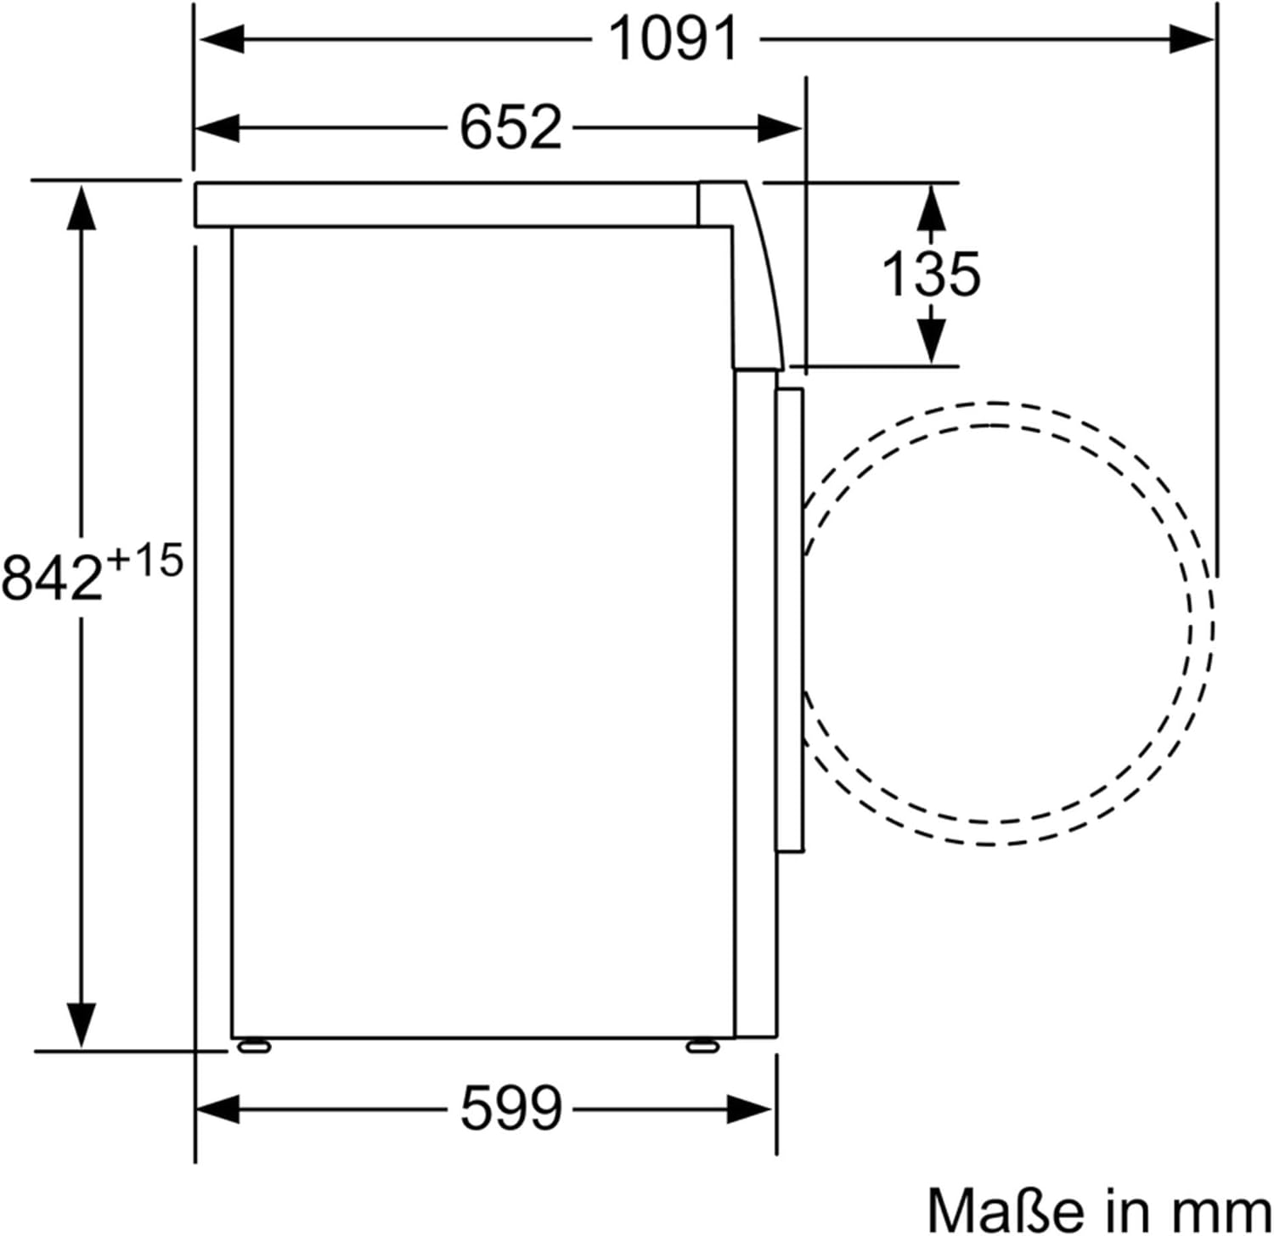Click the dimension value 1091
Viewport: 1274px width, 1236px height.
[674, 39]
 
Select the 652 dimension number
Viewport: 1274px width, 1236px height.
[510, 127]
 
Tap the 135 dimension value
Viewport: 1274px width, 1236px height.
[931, 274]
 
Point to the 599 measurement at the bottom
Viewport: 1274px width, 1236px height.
[510, 1108]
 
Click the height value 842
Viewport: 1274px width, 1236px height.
[53, 577]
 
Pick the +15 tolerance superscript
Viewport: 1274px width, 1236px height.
[144, 561]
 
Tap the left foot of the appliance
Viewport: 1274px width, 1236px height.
[254, 1047]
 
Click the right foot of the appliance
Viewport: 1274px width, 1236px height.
[702, 1047]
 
